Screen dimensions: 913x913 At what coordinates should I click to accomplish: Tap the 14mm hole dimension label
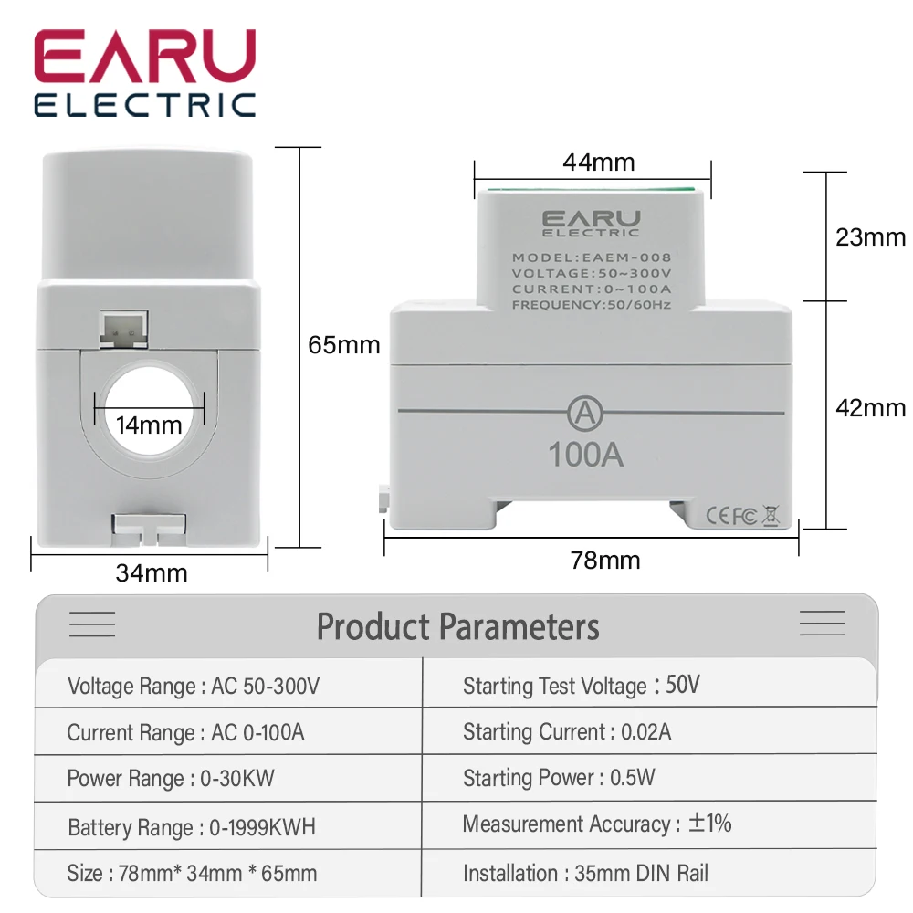pos(149,425)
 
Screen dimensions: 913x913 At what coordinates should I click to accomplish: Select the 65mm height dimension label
pos(343,345)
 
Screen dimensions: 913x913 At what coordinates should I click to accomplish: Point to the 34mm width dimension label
pos(152,573)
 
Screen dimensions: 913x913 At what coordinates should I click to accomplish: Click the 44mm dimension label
pos(598,163)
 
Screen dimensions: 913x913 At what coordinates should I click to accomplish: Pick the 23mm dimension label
pos(870,237)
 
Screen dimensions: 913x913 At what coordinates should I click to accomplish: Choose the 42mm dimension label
pos(870,408)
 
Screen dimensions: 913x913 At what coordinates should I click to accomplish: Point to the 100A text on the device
pos(585,455)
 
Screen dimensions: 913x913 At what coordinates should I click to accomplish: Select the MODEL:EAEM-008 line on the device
pos(592,257)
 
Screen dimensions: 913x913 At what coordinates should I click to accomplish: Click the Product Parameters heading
pos(457,627)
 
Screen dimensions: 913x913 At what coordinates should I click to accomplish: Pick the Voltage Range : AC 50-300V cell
pos(194,687)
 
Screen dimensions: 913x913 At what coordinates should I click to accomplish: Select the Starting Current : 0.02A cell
pos(566,732)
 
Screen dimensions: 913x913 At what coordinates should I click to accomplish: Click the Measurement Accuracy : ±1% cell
pos(597,824)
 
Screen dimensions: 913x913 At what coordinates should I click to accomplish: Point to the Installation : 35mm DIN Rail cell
pos(585,873)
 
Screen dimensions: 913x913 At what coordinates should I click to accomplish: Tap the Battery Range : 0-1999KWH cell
pos(192,828)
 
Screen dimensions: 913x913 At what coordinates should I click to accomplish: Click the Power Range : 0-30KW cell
pos(171,779)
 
